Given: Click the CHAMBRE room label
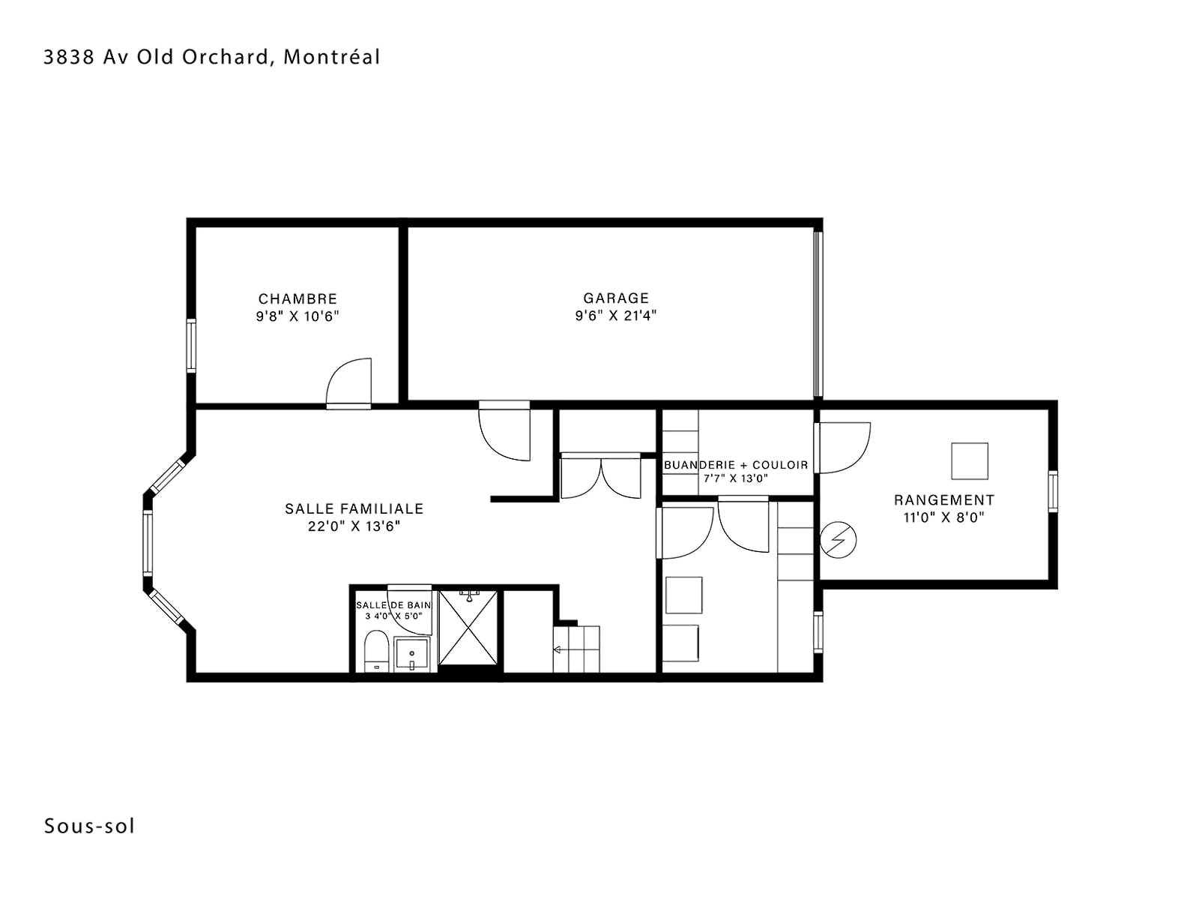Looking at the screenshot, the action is point(298,299).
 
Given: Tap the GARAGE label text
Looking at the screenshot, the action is point(616,298).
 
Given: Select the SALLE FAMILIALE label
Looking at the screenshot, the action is point(354,508).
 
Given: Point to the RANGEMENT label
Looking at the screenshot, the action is point(944,500).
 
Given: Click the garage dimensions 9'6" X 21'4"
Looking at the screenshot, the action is point(616,315).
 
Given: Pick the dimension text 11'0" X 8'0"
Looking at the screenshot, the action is point(944,517).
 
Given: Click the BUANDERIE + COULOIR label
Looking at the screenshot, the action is point(736,465).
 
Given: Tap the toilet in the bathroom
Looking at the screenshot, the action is point(375,651).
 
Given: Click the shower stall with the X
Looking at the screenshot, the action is point(468,627).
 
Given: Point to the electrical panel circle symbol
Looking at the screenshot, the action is point(838,541).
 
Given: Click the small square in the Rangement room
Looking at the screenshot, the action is point(970,461).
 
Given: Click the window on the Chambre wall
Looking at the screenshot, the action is point(191,346).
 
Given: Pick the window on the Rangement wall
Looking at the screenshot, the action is point(1053,491).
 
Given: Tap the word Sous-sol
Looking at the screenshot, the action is point(90,826).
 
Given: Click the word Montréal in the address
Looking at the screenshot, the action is point(331,57).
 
